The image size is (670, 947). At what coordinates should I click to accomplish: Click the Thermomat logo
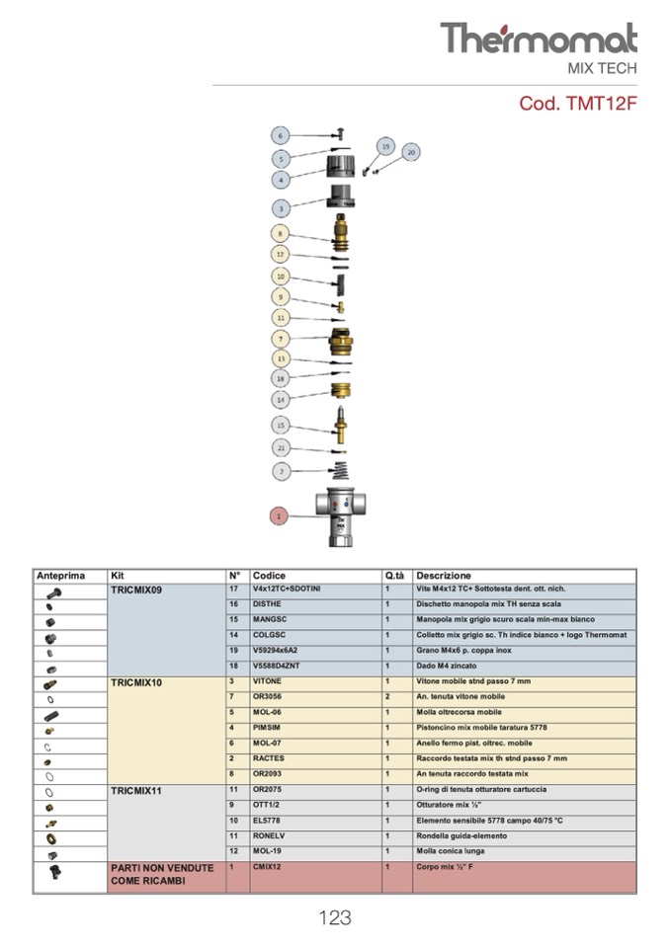[x=539, y=39]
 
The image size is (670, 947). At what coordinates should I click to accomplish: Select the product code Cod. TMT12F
[x=578, y=104]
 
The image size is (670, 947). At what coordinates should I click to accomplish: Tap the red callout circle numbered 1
[x=279, y=514]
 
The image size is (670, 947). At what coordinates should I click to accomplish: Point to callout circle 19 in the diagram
[x=386, y=146]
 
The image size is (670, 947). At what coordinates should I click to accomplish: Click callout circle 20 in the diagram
[x=411, y=151]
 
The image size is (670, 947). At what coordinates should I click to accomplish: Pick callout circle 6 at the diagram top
[x=281, y=136]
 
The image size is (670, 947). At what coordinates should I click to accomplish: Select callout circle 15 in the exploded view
[x=281, y=425]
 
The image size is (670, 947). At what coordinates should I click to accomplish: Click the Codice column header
[x=269, y=575]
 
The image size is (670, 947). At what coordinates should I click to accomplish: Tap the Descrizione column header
[x=444, y=575]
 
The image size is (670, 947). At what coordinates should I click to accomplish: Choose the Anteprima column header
[x=61, y=575]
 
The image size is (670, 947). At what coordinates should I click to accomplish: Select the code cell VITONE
[x=267, y=681]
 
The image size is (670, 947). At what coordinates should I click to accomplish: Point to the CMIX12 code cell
[x=268, y=867]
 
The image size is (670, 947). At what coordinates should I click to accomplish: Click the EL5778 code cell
[x=267, y=821]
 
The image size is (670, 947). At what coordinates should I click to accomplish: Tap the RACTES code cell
[x=268, y=758]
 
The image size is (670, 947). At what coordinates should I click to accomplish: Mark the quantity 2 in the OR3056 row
[x=387, y=696]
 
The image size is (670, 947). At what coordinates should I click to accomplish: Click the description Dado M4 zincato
[x=446, y=666]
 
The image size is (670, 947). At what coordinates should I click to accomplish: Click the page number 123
[x=335, y=917]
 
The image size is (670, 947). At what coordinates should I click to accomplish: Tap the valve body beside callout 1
[x=341, y=516]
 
